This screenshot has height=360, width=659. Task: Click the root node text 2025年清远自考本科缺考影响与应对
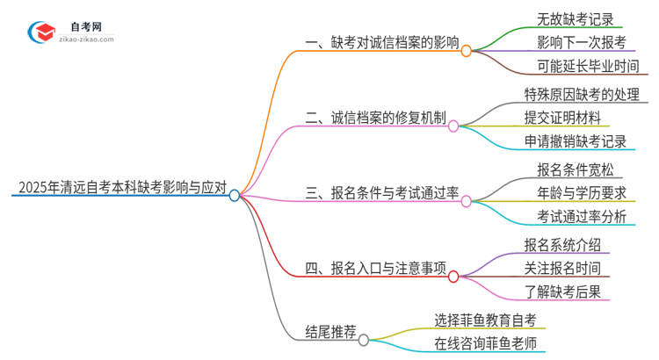121,187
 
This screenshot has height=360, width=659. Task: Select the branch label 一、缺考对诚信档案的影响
381,42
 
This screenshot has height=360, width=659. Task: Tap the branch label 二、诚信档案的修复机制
375,117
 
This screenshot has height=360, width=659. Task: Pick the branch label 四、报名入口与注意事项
375,268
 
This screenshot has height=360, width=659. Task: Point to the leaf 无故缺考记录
575,18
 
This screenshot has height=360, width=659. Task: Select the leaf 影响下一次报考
581,42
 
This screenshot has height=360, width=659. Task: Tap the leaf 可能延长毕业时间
587,67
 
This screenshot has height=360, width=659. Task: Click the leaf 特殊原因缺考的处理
581,93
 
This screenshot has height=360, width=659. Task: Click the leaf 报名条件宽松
575,169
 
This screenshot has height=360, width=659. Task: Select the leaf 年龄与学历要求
581,192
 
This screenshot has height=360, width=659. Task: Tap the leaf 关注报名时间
561,268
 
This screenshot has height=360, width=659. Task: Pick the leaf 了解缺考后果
561,292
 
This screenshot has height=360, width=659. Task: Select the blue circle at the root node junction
235,196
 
